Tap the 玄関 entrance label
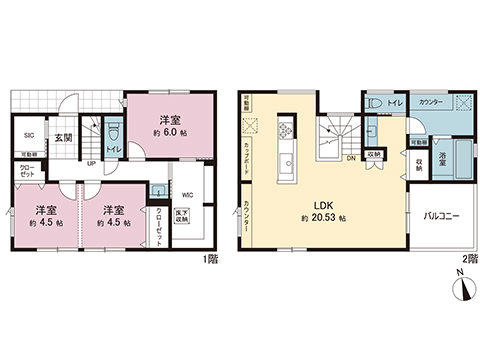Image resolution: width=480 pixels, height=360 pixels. (63, 137)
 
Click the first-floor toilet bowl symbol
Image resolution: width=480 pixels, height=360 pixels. (113, 131)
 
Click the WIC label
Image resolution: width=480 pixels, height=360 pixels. (188, 195)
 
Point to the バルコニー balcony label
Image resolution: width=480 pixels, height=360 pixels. (441, 215)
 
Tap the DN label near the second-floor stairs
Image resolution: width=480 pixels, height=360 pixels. (351, 158)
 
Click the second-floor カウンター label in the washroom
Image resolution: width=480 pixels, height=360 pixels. (431, 102)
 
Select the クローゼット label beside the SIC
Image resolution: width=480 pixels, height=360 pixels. (28, 171)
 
